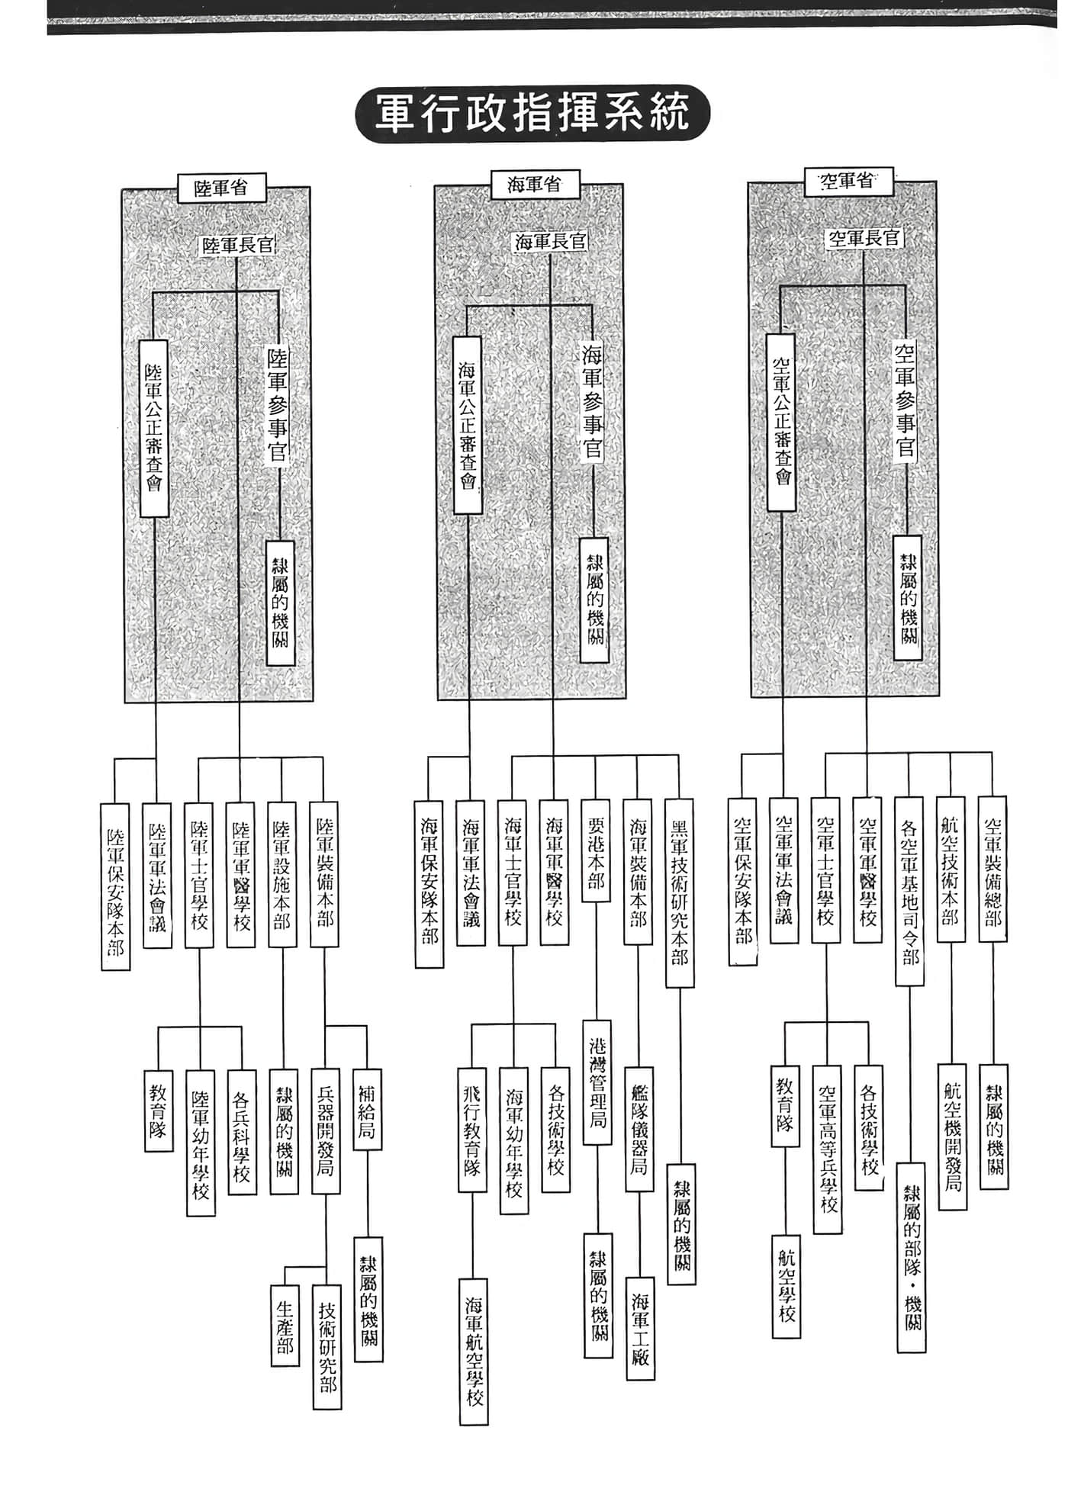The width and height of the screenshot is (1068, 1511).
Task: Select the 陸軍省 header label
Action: [x=221, y=187]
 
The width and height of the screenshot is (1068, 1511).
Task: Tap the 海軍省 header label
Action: [x=535, y=185]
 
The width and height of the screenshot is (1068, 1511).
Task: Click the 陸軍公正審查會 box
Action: [x=154, y=428]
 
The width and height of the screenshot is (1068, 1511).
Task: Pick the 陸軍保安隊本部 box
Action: [x=116, y=886]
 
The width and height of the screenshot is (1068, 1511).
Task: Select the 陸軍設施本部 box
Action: [x=281, y=874]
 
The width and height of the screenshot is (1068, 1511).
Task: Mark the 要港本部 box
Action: [x=596, y=850]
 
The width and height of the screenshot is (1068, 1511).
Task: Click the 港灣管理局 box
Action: [x=597, y=1082]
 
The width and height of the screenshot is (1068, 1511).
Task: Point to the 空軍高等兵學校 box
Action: [x=828, y=1149]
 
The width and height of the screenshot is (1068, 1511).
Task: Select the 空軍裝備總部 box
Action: [x=992, y=869]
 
